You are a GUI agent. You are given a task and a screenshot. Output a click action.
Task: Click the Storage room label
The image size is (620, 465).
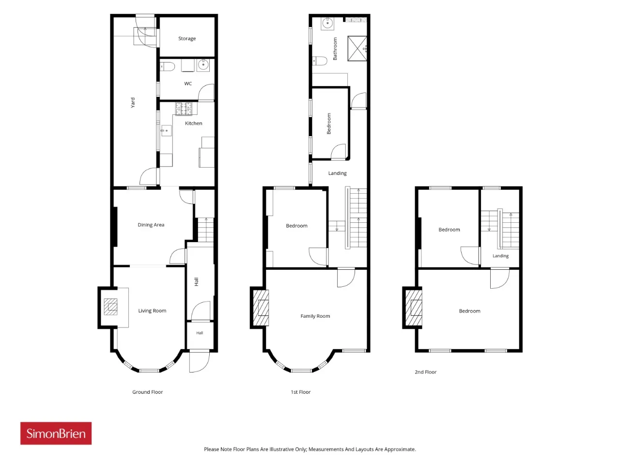[186, 38]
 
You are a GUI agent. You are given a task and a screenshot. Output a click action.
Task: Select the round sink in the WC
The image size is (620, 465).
[203, 65]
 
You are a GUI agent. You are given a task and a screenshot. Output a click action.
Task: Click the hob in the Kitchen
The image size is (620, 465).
[184, 109]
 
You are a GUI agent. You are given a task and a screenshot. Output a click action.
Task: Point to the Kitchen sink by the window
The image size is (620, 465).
[166, 131]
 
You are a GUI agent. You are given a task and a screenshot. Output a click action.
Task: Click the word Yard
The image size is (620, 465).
[133, 103]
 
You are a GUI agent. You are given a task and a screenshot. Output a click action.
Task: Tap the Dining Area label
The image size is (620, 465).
[151, 225]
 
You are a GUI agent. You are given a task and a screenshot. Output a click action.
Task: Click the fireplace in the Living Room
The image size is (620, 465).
[110, 307]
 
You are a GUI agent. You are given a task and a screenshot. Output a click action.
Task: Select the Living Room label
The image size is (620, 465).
[152, 310]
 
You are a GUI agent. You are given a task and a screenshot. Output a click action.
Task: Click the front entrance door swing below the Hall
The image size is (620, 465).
[200, 361]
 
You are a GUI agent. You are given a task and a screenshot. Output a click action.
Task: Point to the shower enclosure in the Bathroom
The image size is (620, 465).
[357, 48]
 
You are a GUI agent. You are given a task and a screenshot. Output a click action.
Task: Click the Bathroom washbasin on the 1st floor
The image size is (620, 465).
[327, 23]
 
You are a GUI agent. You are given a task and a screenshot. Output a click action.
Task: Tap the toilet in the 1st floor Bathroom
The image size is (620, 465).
[320, 61]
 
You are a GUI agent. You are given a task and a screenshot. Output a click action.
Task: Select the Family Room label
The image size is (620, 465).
[315, 316]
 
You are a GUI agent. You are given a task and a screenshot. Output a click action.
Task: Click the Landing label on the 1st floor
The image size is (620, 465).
[337, 173]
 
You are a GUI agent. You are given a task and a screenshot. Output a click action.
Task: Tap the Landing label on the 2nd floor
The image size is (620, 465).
[500, 256]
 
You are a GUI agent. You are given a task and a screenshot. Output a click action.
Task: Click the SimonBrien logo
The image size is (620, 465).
[56, 433]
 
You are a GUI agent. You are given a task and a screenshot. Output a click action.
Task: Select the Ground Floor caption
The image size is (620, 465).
[147, 392]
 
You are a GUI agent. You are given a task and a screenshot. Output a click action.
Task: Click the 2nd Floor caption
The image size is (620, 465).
[425, 372]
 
